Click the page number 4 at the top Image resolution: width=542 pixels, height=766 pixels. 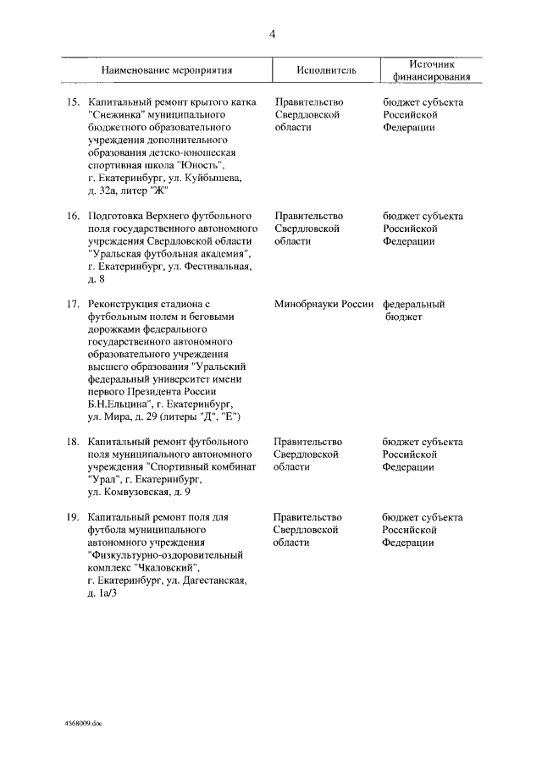[x=272, y=35]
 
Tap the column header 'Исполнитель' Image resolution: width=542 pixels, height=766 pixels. [x=327, y=70]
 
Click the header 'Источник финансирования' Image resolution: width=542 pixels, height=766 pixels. [x=432, y=70]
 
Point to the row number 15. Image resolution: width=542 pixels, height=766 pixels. [x=73, y=102]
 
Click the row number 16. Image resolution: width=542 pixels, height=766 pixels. [x=73, y=216]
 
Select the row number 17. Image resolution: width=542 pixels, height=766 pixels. [x=73, y=304]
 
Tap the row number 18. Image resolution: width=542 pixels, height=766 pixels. [x=73, y=442]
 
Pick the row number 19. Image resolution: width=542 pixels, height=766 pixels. [x=73, y=517]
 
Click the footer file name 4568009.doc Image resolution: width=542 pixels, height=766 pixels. [x=82, y=725]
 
